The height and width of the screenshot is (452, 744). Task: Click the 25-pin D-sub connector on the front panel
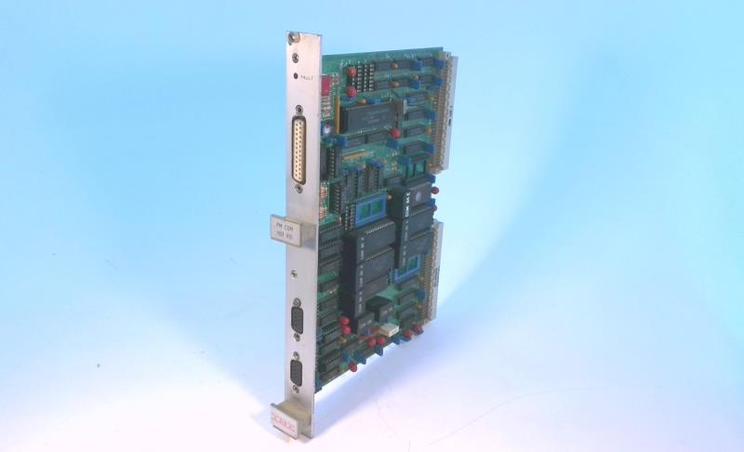(x=300, y=151)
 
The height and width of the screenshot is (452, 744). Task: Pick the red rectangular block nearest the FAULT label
(x=326, y=84)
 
